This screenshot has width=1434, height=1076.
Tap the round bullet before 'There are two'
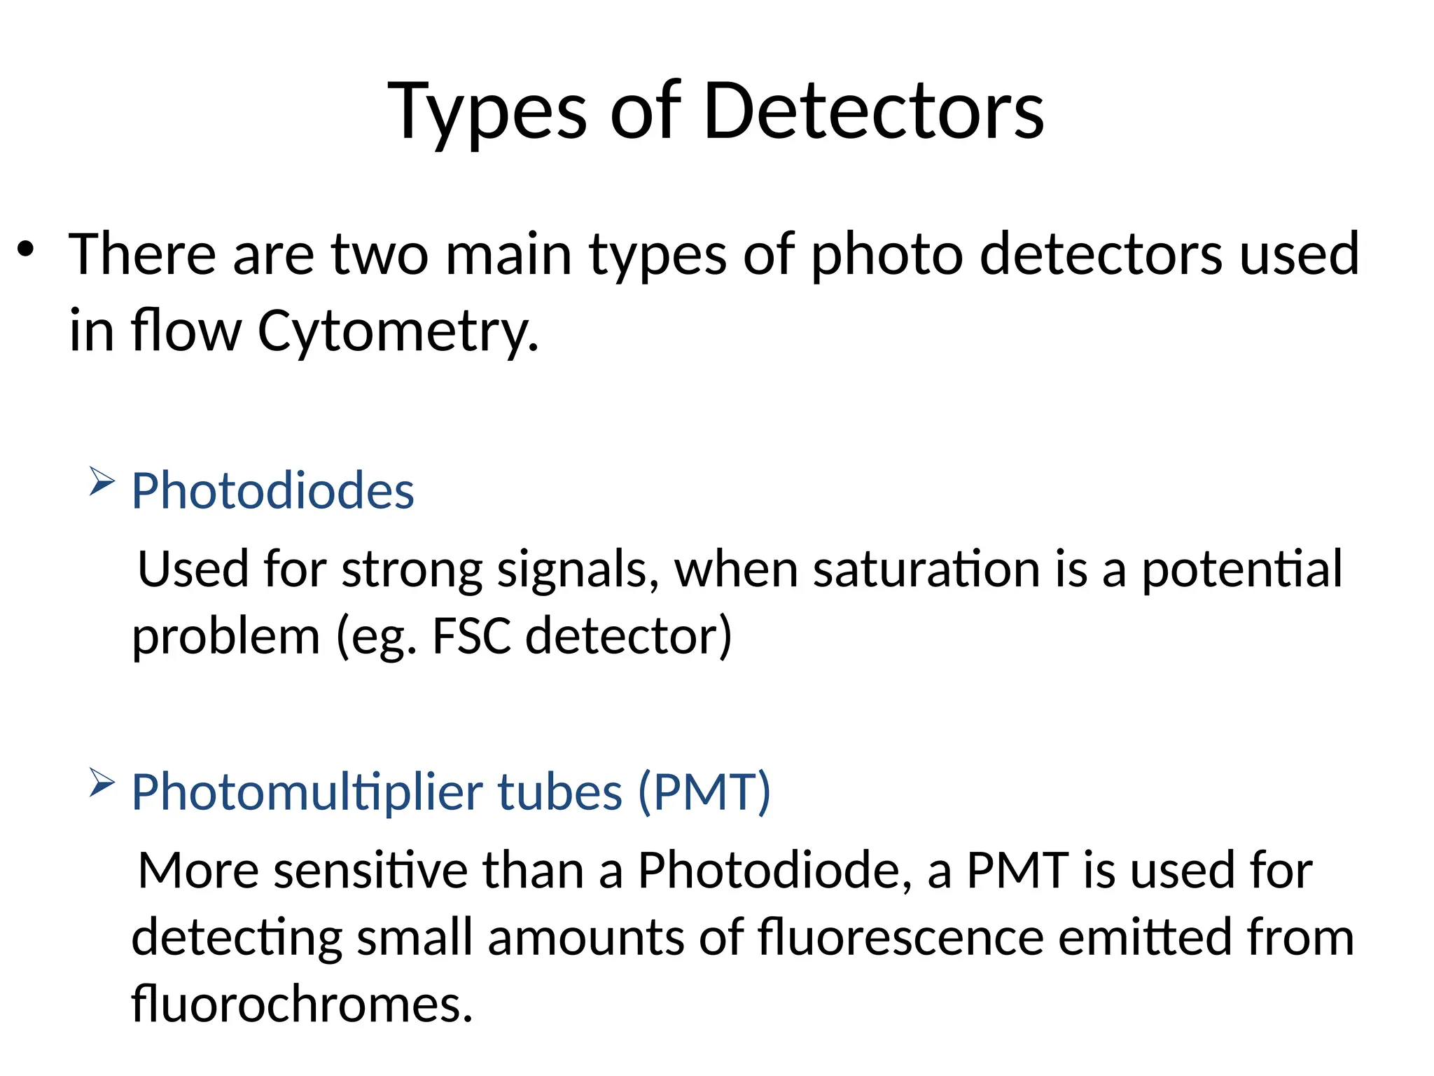pos(26,249)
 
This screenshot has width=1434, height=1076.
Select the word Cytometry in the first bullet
pos(398,331)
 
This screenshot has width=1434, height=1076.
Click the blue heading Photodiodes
pos(273,490)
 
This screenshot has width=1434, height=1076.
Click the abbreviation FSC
pos(471,635)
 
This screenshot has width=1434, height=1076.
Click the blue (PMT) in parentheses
pos(704,792)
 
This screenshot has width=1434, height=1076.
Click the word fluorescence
pos(900,937)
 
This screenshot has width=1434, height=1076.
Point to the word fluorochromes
pos(302,1004)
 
